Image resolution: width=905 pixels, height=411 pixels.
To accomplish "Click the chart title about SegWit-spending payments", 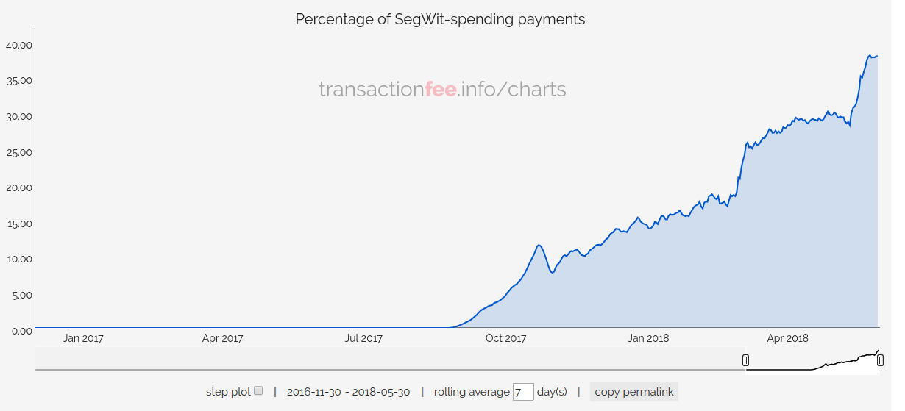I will click(440, 19).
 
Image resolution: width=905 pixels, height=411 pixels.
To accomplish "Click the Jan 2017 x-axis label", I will click(83, 338).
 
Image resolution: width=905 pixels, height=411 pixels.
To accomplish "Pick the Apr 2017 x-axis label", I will click(222, 338).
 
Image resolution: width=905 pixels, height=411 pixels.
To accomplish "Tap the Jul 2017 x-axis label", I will click(363, 338).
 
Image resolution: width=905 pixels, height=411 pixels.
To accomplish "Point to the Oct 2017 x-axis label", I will click(505, 338).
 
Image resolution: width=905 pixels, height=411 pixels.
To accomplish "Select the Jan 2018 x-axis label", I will click(647, 338).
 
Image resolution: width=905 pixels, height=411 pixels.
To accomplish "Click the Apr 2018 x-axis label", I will click(787, 338).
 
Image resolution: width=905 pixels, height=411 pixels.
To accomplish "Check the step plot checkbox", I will click(258, 391).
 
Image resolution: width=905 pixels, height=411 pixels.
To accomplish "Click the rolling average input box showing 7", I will click(523, 392).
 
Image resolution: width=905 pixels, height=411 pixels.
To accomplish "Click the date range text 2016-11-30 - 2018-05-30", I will click(348, 392).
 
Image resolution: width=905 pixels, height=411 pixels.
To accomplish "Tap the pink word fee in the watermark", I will click(441, 90).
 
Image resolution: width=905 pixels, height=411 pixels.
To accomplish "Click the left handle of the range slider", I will click(745, 360).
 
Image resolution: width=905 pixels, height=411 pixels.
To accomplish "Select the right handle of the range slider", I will click(880, 360).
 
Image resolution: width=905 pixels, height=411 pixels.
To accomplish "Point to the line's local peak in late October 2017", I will click(539, 245).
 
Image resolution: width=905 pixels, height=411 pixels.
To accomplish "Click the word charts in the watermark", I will click(537, 90).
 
